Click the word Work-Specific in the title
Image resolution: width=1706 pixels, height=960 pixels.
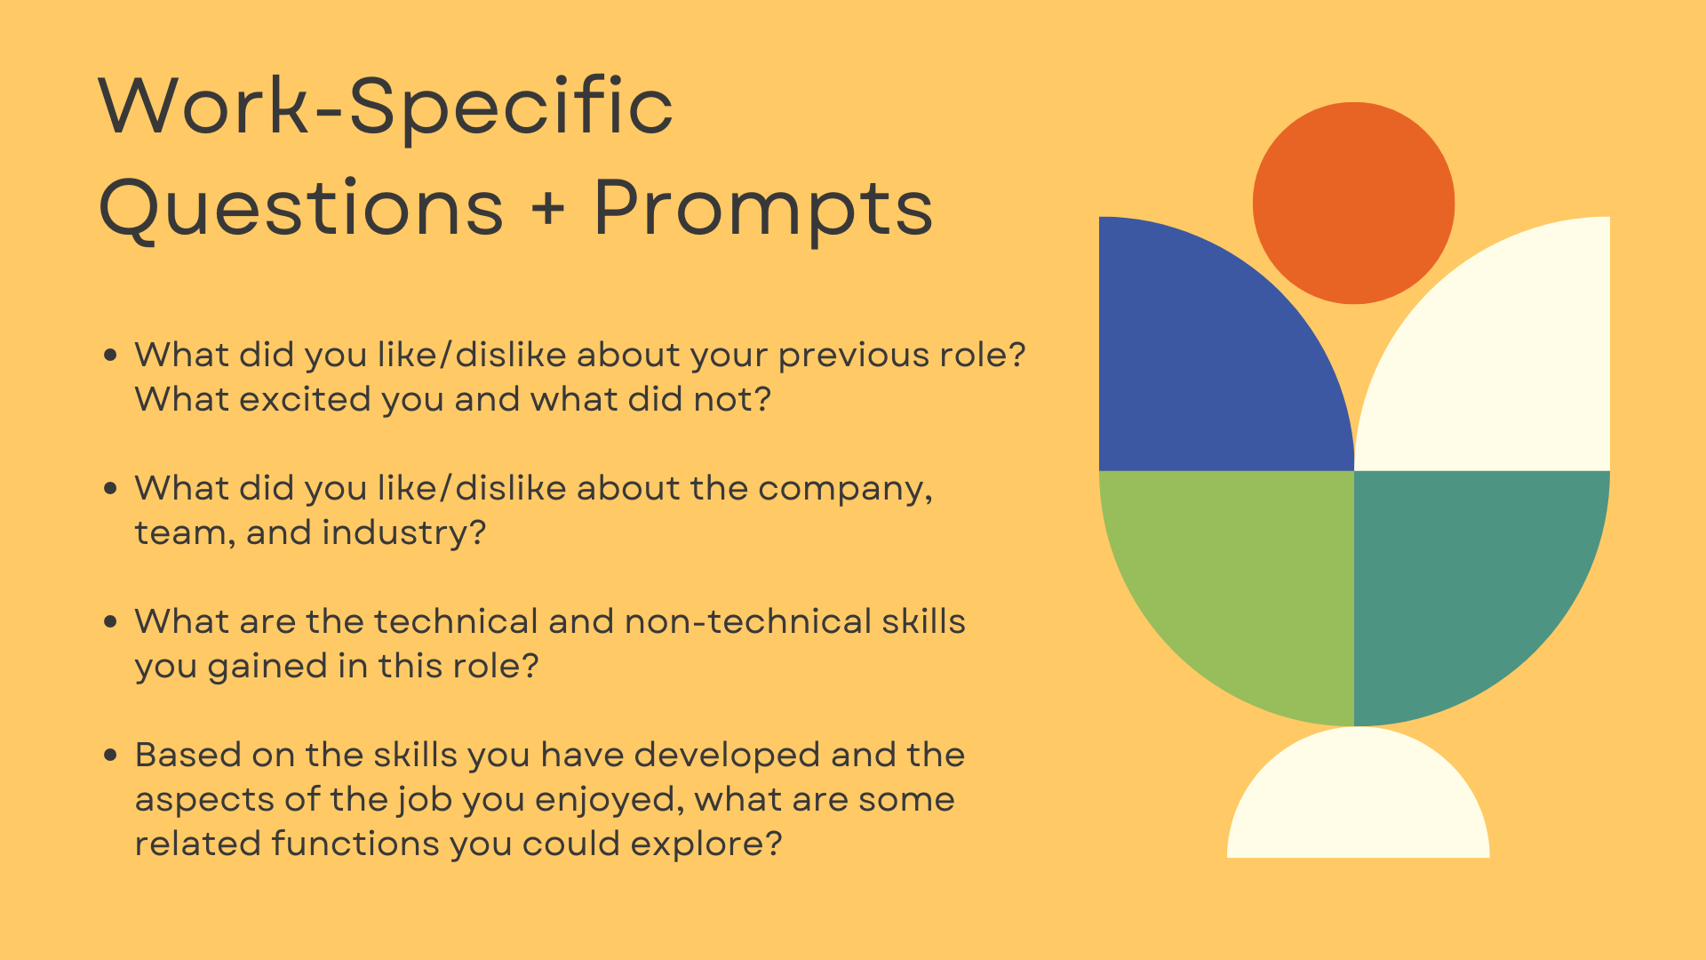pos(386,108)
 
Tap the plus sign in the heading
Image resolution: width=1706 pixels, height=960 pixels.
pos(548,209)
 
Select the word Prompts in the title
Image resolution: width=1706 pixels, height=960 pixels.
pos(763,209)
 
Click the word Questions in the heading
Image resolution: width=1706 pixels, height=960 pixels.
pos(301,209)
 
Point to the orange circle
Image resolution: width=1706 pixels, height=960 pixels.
pos(1353,203)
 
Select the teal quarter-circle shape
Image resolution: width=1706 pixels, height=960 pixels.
pos(1466,578)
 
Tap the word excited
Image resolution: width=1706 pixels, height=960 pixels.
pos(305,399)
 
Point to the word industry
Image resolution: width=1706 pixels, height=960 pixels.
pos(403,532)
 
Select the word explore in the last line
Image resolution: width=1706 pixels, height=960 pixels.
pos(706,845)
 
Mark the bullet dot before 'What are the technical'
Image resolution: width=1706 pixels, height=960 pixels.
pos(110,621)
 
